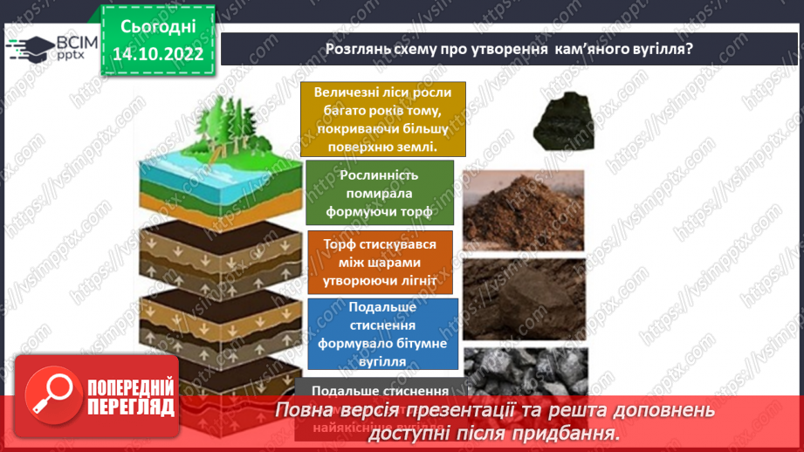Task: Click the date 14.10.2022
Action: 158,53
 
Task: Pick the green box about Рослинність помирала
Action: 380,192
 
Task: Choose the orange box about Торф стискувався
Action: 380,263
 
